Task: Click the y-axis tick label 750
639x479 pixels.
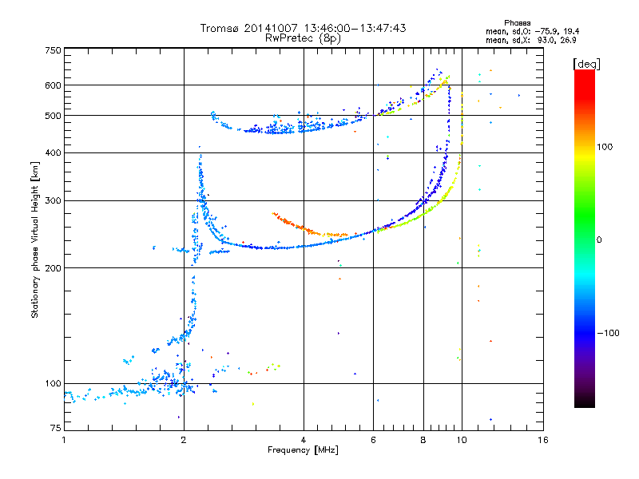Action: [53, 50]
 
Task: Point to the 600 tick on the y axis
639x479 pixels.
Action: [53, 85]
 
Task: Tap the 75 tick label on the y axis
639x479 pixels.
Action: [55, 430]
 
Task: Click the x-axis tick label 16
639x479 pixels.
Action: [542, 440]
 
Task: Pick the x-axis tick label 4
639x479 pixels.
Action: [304, 440]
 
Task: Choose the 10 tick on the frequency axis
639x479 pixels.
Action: [461, 440]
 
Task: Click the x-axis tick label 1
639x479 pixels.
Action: [65, 440]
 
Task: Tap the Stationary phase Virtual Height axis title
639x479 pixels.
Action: [35, 240]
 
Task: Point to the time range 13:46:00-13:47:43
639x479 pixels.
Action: [348, 28]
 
